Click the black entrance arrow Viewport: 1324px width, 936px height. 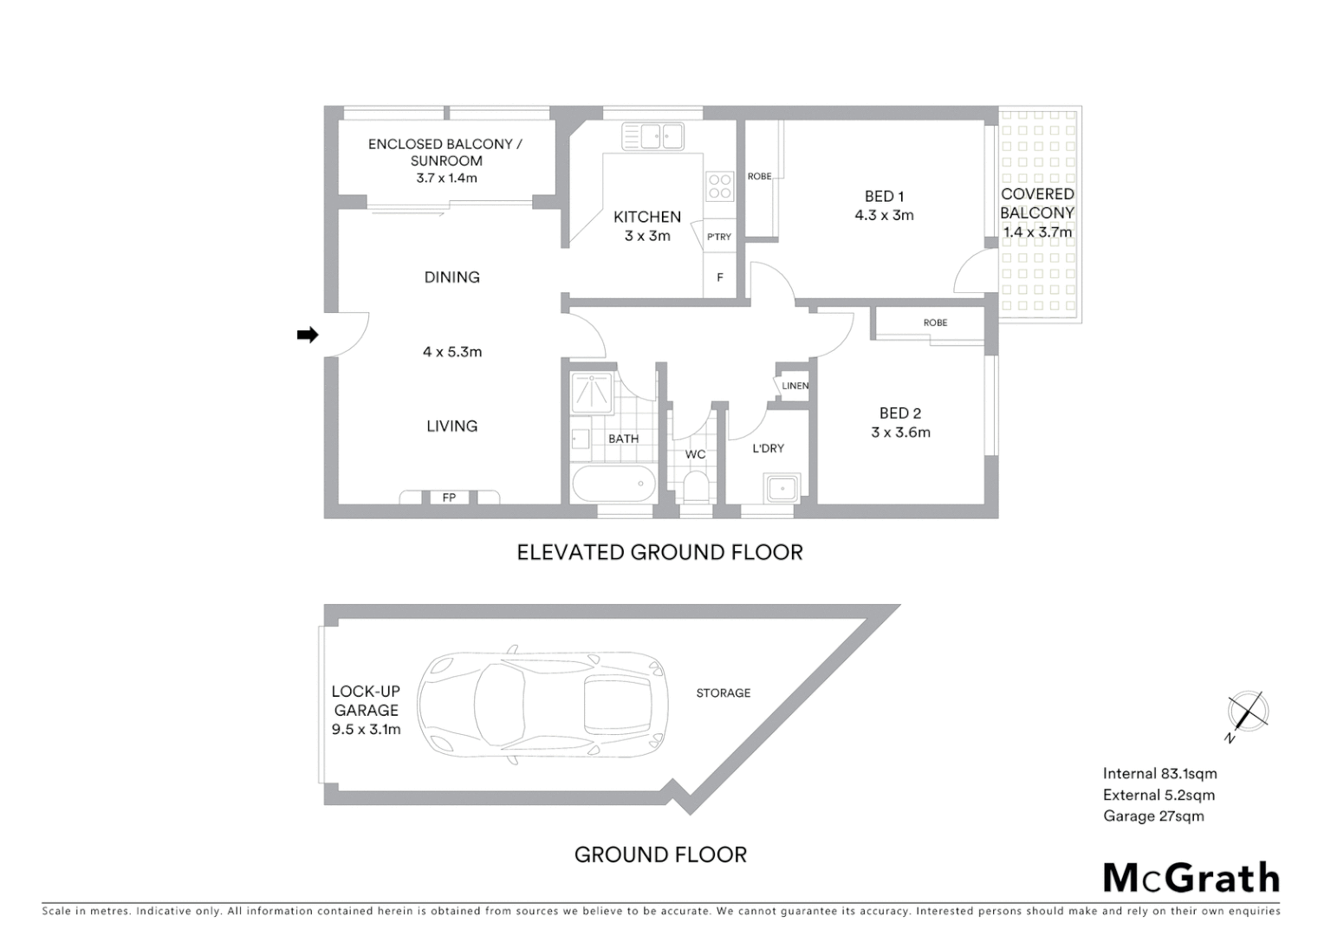(308, 335)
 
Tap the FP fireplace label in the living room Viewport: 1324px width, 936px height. (449, 497)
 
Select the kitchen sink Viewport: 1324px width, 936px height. (653, 135)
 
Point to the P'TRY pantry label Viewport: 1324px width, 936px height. (718, 237)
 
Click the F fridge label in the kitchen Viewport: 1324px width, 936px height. (719, 278)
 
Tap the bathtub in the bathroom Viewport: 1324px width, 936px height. (613, 483)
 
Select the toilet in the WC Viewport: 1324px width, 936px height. (695, 486)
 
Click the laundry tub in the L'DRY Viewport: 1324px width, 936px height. (783, 489)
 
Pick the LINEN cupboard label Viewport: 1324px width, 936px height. (795, 386)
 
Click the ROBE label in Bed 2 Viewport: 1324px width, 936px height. (935, 322)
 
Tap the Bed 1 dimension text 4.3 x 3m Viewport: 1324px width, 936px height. (884, 215)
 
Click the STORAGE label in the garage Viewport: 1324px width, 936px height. (724, 692)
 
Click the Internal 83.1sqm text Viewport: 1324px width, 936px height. (1159, 774)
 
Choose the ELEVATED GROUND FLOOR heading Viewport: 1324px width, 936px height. (659, 552)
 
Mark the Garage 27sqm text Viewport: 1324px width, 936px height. (1152, 816)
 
